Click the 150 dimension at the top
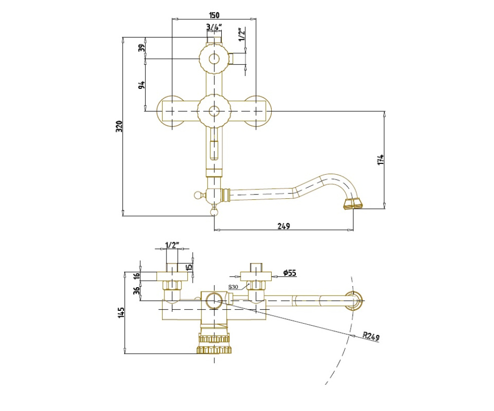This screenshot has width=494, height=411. (x=214, y=15)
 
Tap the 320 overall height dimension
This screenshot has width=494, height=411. (x=119, y=126)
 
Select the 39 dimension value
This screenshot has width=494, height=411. (x=142, y=48)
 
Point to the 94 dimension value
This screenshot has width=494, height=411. (x=142, y=85)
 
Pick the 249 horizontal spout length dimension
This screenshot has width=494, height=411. (x=284, y=225)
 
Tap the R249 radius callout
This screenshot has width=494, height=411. (x=371, y=336)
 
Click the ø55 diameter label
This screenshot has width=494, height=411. (x=290, y=272)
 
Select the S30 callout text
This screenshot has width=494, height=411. (x=233, y=287)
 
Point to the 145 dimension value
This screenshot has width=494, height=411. (x=122, y=312)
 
